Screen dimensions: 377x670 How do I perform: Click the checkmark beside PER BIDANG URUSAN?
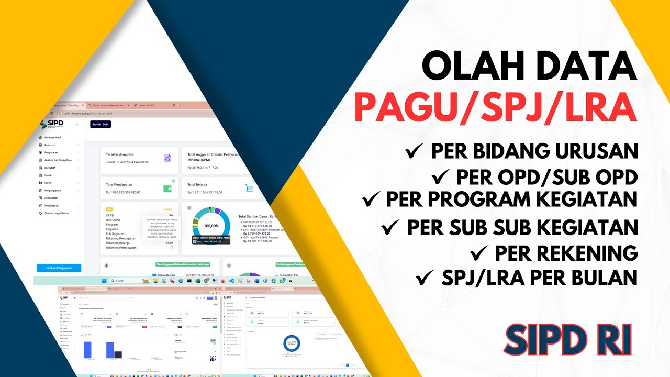(x=415, y=151)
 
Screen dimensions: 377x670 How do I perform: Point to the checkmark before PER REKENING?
(x=479, y=253)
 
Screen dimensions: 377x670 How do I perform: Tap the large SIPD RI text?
(x=568, y=339)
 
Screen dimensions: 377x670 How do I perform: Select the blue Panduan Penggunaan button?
(x=59, y=268)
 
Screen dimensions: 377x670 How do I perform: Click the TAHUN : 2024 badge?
(x=100, y=125)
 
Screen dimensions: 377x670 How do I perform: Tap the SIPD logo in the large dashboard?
(x=51, y=124)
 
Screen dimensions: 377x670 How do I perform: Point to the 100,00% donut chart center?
(x=211, y=226)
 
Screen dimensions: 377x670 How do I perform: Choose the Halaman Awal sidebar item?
(x=53, y=137)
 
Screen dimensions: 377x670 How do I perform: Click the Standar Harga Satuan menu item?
(x=58, y=213)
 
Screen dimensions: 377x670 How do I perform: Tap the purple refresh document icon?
(x=167, y=158)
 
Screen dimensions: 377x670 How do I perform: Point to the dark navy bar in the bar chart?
(x=118, y=354)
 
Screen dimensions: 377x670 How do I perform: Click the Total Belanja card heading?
(x=198, y=185)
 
